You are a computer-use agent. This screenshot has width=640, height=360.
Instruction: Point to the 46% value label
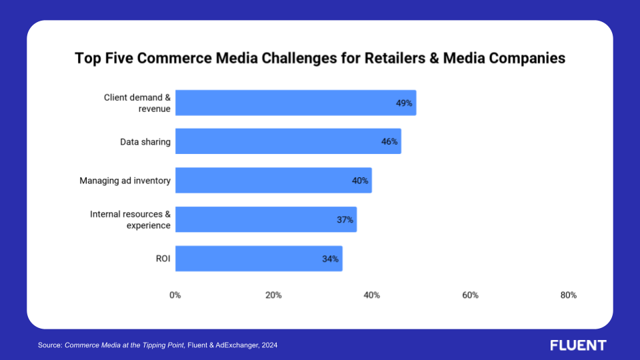(389, 142)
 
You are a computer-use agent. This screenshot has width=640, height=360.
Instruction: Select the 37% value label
(345, 220)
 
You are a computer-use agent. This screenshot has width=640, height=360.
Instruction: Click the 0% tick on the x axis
(175, 295)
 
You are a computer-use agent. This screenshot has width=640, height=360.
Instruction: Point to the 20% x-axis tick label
(273, 295)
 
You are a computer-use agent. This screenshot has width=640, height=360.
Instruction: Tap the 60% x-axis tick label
(470, 295)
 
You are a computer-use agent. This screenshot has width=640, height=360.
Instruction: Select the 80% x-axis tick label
(568, 295)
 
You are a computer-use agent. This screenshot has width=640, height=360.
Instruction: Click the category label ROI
(162, 259)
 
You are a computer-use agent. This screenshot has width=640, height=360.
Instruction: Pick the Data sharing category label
(145, 142)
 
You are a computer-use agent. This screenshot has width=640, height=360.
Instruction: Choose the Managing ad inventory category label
(125, 181)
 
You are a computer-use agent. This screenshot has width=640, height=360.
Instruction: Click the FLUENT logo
(578, 345)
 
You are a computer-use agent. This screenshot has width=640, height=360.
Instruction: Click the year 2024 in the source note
(269, 345)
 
